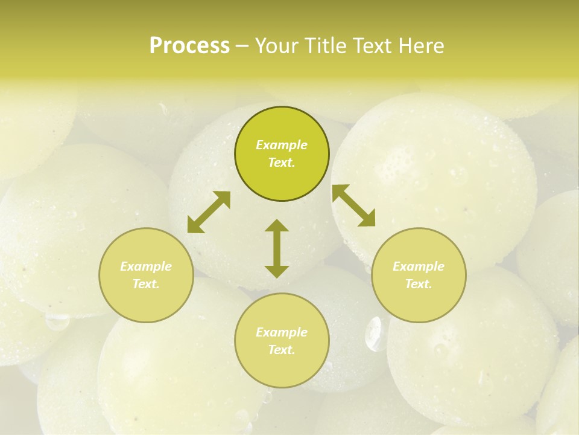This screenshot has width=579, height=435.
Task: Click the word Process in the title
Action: pyautogui.click(x=189, y=46)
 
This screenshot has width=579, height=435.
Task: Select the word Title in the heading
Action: pyautogui.click(x=324, y=46)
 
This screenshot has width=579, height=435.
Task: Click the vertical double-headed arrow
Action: pyautogui.click(x=277, y=248)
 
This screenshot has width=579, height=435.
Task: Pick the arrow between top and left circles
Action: pyautogui.click(x=209, y=212)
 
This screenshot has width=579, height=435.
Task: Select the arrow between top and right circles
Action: pyautogui.click(x=354, y=205)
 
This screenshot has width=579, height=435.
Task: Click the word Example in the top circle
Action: pyautogui.click(x=282, y=145)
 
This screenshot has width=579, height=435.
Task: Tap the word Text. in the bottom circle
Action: pyautogui.click(x=282, y=350)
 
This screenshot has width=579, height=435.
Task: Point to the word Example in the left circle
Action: pyautogui.click(x=146, y=266)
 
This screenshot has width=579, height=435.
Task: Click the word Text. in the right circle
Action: pyautogui.click(x=419, y=284)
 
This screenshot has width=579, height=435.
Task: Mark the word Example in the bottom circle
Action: pyautogui.click(x=282, y=332)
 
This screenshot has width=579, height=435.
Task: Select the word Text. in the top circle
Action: pyautogui.click(x=282, y=163)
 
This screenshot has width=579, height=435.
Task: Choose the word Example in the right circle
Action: pyautogui.click(x=419, y=266)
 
